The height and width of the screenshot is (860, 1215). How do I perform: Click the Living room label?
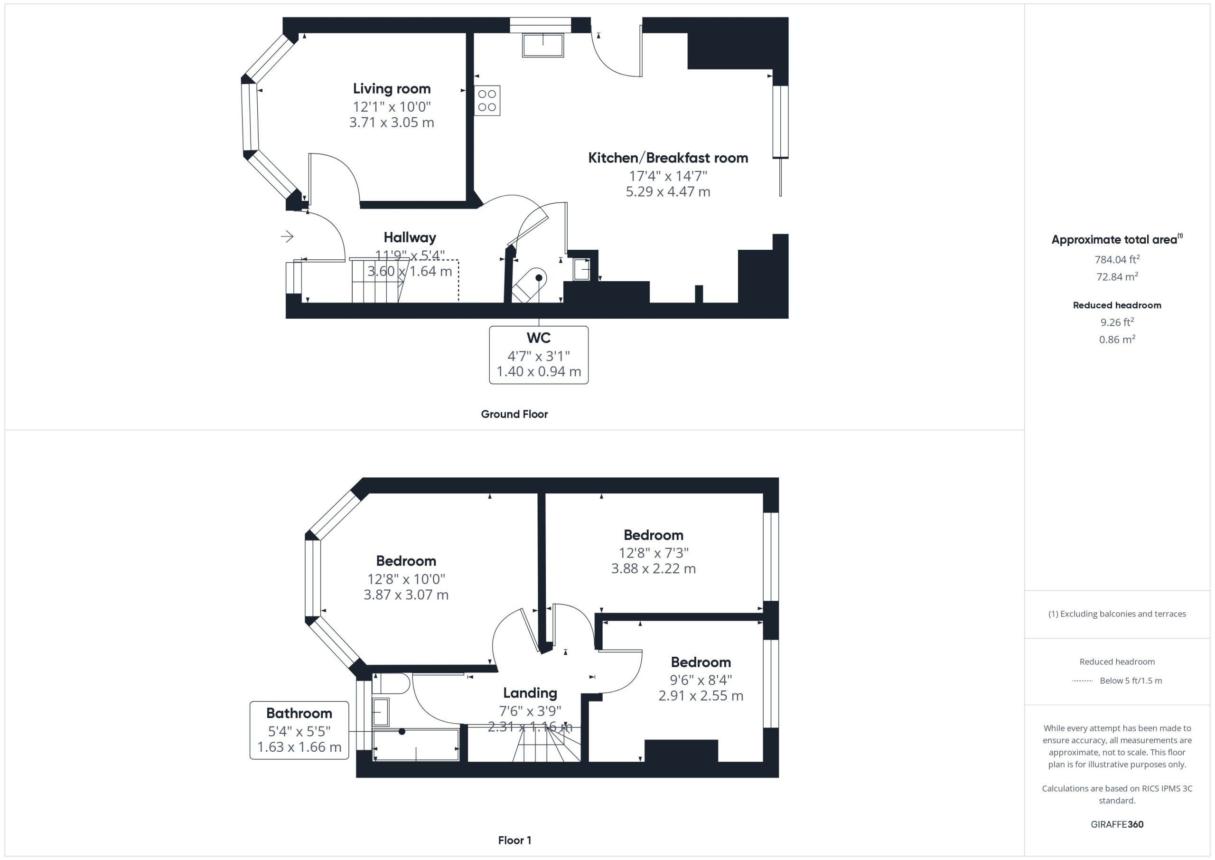click(392, 88)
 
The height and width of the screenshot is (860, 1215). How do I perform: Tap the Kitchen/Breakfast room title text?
click(668, 158)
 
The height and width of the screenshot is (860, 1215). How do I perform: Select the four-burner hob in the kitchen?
click(487, 101)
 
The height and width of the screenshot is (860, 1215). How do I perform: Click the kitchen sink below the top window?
click(543, 46)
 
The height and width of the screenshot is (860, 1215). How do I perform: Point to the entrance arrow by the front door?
click(287, 236)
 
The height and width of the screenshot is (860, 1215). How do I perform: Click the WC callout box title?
click(539, 337)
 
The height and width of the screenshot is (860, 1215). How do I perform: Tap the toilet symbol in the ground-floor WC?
click(529, 285)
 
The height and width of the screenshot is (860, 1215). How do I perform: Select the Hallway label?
click(410, 237)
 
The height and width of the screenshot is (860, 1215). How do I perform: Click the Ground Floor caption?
click(514, 414)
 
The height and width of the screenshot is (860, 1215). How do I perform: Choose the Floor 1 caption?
click(514, 840)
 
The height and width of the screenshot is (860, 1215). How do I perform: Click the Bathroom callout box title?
click(299, 713)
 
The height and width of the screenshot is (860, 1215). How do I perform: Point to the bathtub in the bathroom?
click(416, 745)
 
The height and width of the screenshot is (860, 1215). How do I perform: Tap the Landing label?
click(530, 693)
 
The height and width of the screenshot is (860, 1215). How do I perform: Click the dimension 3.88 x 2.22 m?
click(654, 568)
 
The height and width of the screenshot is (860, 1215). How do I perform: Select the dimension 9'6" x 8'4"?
click(701, 680)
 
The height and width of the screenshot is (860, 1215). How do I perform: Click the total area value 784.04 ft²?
click(1117, 259)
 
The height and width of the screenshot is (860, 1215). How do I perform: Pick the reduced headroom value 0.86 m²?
click(1117, 339)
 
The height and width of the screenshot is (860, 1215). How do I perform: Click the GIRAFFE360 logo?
click(1117, 824)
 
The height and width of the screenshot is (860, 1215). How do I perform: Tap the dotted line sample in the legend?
click(1082, 681)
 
